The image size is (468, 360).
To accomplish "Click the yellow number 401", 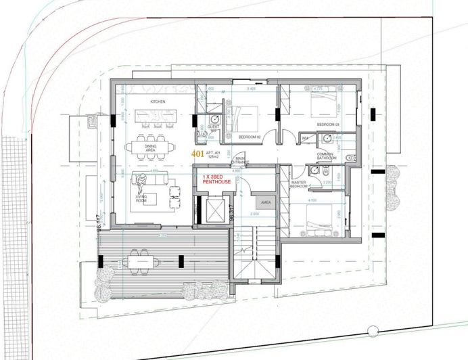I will pos(197,154).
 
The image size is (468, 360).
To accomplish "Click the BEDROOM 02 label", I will pos(250,137).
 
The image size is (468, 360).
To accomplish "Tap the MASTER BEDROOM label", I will pos(299,184).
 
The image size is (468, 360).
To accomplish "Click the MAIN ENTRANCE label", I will pos(242,160).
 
